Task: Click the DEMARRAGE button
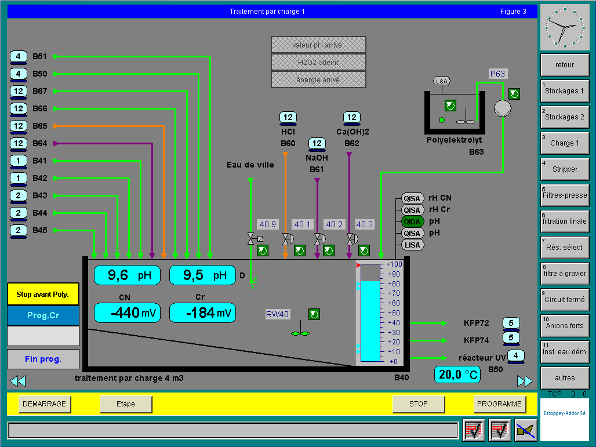point(45,404)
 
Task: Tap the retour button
point(565,64)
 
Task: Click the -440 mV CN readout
point(127,312)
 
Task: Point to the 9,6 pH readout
point(127,275)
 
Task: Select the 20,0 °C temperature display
point(457,375)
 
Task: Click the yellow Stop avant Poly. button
point(43,294)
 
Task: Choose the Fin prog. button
point(43,359)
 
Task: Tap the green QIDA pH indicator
point(412,221)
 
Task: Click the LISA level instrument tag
point(412,245)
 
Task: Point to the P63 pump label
point(497,74)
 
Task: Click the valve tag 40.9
point(268,224)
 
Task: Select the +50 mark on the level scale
point(394,313)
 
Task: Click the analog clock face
point(565,27)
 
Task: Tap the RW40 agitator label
point(278,314)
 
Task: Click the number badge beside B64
point(18,144)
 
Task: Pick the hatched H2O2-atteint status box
point(318,63)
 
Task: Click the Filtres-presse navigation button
point(565,195)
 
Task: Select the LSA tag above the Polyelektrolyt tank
point(442,81)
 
